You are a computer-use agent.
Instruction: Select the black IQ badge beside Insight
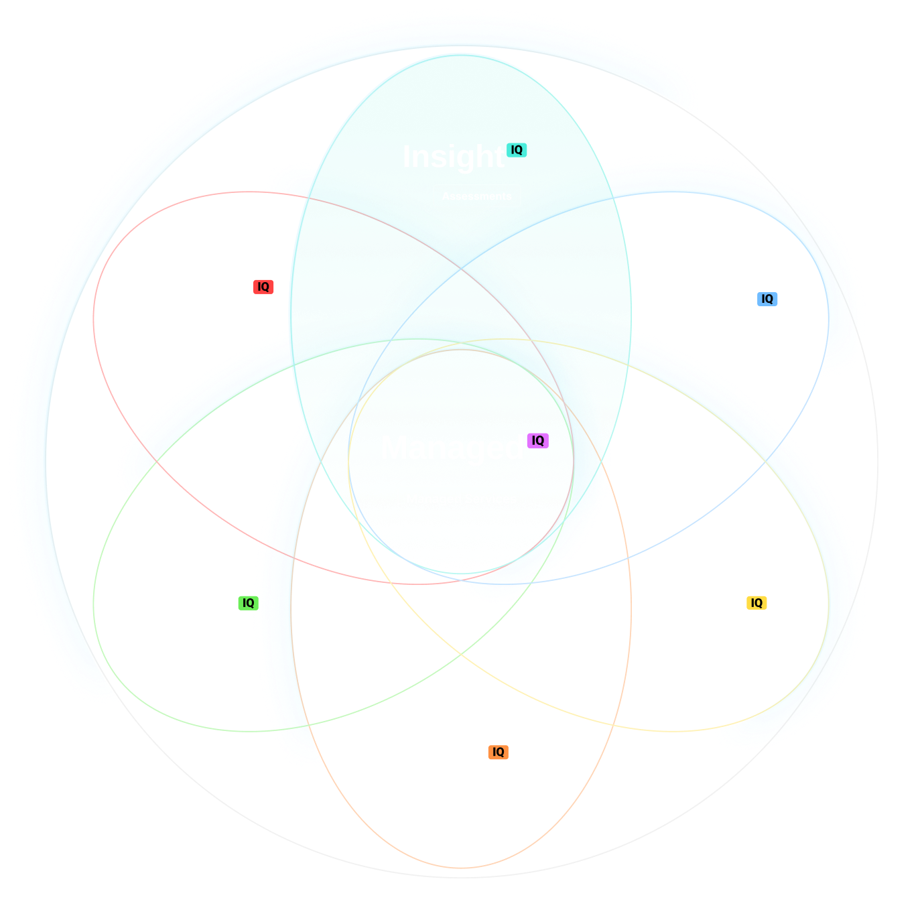(517, 150)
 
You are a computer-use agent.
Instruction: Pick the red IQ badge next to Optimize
(263, 287)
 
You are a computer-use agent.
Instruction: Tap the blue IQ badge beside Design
(767, 299)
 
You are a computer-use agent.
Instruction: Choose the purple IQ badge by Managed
(537, 440)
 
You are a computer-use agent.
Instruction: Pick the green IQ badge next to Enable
(248, 603)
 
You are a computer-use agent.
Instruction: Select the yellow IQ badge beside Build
(756, 603)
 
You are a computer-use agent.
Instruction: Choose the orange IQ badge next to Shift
(498, 752)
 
